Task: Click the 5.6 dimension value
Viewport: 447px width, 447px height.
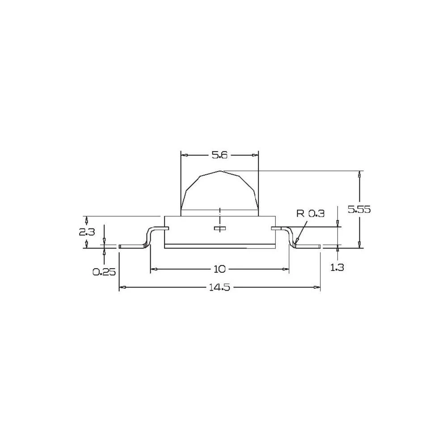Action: [x=219, y=155]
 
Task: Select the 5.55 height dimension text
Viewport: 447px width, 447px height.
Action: [x=359, y=209]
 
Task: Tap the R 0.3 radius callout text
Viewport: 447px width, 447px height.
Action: [x=310, y=214]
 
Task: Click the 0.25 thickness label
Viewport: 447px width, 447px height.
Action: [x=104, y=271]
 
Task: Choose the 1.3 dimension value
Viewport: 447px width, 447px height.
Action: [x=337, y=267]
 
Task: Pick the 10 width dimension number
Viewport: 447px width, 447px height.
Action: [x=219, y=269]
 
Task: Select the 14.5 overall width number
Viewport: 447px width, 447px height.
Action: [x=219, y=287]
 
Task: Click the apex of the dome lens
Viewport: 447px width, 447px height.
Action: [x=220, y=170]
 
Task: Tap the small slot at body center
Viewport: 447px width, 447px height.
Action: [x=220, y=228]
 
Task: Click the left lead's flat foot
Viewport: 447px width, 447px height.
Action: [x=132, y=246]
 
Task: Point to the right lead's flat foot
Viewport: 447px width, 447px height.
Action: [x=308, y=246]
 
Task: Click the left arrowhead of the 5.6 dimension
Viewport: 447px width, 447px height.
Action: [x=183, y=155]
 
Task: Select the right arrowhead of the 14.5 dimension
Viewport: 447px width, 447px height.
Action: [x=318, y=287]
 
